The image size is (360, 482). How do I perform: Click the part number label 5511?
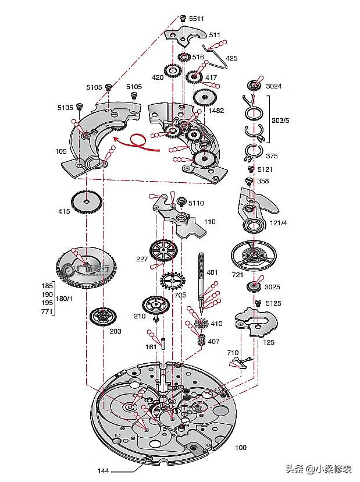click(196, 19)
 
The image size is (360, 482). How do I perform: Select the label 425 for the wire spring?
click(231, 58)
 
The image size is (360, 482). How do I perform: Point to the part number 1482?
click(216, 111)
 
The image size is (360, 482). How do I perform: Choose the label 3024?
click(274, 86)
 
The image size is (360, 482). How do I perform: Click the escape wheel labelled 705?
click(172, 282)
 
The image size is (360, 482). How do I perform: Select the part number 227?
click(141, 259)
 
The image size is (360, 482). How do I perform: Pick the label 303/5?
click(280, 120)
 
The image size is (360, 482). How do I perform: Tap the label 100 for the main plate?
click(240, 448)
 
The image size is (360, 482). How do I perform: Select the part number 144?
click(103, 470)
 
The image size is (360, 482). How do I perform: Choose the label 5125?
click(273, 303)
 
